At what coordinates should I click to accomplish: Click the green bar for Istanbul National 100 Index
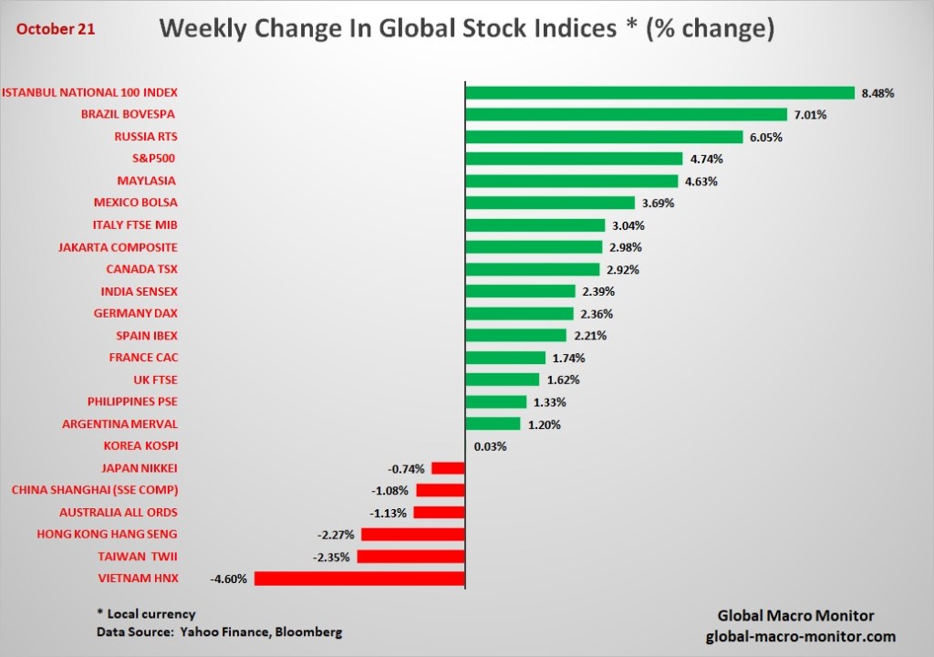(659, 92)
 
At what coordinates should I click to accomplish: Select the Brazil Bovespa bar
(626, 114)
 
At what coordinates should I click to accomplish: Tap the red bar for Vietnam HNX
(359, 579)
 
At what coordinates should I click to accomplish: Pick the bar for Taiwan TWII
(411, 557)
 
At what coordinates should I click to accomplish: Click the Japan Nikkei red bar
(448, 468)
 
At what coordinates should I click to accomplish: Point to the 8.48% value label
(877, 93)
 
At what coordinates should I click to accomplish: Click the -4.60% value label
(228, 579)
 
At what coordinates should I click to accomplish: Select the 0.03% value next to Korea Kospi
(490, 446)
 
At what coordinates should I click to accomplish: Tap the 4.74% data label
(705, 159)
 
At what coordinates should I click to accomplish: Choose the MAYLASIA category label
(147, 181)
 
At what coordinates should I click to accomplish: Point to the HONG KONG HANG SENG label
(107, 534)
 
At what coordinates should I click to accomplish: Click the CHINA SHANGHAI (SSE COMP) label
(95, 490)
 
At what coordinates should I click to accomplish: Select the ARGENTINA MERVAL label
(119, 424)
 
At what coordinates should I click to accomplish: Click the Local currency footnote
(146, 614)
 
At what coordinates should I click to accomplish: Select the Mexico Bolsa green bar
(550, 203)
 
